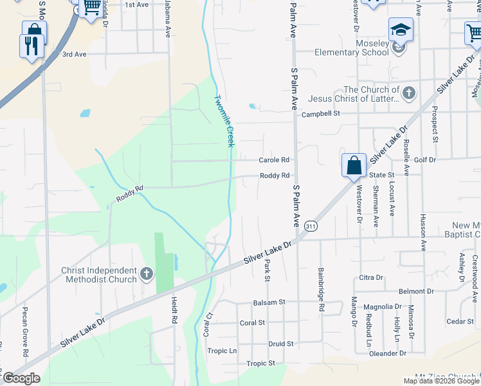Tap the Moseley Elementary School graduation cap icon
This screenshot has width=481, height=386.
coord(400,30)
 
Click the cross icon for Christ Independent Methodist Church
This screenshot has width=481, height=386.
coord(147,275)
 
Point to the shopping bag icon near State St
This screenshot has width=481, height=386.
coord(354,165)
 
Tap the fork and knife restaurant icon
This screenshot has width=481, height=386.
coord(32,45)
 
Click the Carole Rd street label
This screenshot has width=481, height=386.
coord(275,160)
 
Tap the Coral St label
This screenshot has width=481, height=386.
coord(252,323)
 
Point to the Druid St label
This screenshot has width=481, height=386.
coord(281,344)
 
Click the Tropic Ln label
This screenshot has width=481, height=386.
coord(222,351)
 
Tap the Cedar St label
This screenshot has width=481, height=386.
coord(460,321)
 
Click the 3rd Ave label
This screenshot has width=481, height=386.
coord(74,54)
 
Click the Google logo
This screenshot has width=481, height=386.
coord(21,378)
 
